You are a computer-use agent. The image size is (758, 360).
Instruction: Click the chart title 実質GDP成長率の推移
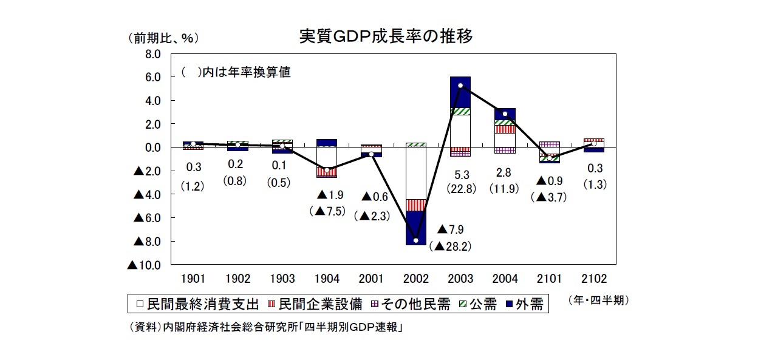tap(386, 36)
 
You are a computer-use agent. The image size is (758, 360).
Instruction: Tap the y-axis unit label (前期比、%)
tap(163, 38)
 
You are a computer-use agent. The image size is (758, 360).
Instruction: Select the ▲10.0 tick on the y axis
tap(144, 265)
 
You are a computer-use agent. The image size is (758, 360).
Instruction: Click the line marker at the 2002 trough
tap(415, 240)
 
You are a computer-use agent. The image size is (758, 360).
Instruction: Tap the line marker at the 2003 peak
tap(460, 86)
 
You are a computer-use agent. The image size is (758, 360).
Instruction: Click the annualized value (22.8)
tap(460, 189)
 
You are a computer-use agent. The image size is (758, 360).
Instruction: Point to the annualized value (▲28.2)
tap(450, 246)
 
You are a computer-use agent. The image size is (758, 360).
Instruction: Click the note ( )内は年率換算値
tap(236, 72)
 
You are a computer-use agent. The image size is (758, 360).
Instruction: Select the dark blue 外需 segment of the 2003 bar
tap(460, 92)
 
